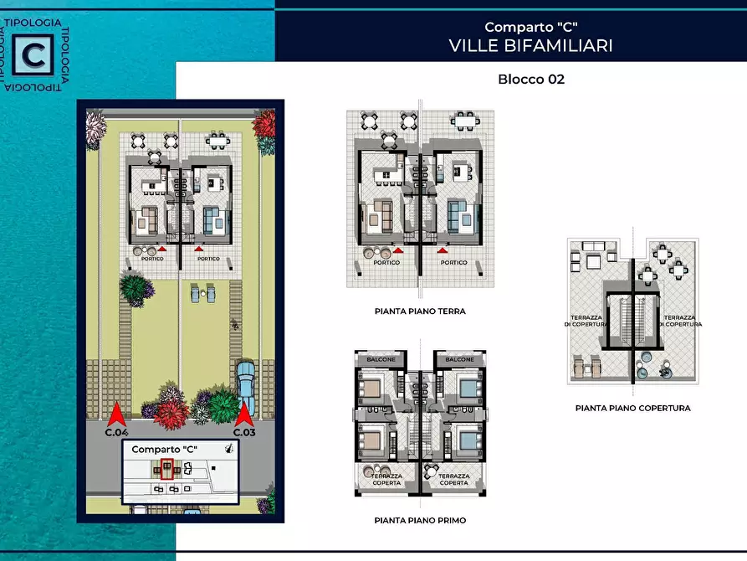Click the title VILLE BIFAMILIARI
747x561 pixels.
coord(530,45)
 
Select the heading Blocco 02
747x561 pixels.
coord(530,80)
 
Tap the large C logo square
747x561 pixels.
coord(34,55)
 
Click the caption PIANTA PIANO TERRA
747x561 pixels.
coord(420,311)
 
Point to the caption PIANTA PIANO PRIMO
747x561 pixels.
coord(420,520)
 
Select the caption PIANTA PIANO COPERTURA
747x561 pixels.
coord(632,409)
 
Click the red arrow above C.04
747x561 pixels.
coord(116,414)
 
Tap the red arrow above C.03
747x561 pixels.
coord(243,414)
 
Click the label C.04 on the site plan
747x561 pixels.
coord(116,433)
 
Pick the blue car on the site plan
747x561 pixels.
coord(246,381)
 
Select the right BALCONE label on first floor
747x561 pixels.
coord(459,359)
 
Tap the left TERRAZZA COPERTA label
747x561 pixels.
coord(386,479)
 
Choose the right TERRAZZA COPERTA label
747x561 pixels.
coord(454,479)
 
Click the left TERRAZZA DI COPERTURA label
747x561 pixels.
coord(584,321)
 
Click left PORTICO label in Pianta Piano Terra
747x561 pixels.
coord(386,262)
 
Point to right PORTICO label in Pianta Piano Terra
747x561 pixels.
coord(454,262)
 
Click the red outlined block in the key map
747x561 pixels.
coord(166,470)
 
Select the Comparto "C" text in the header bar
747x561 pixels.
coord(530,27)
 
